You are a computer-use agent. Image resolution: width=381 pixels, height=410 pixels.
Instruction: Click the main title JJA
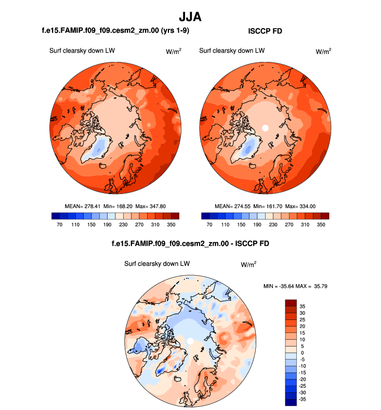(x=190, y=17)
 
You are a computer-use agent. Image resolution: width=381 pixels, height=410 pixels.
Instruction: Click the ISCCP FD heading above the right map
(x=265, y=31)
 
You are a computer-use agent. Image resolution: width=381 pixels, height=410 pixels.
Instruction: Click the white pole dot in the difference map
(x=191, y=341)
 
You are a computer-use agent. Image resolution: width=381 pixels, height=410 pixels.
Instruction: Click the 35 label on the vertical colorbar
(x=302, y=306)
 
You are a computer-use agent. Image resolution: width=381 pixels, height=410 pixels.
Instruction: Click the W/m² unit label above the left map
(x=174, y=51)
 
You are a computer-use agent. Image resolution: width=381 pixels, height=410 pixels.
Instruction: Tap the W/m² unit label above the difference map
(x=248, y=264)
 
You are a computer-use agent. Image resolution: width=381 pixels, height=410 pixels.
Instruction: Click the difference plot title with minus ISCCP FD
(x=190, y=244)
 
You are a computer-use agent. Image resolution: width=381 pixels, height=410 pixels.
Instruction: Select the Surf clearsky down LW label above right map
(x=232, y=51)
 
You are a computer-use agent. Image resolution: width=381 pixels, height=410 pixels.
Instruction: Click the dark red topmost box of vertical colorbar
(x=291, y=303)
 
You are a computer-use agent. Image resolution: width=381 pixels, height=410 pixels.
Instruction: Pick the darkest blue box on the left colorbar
(x=56, y=215)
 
